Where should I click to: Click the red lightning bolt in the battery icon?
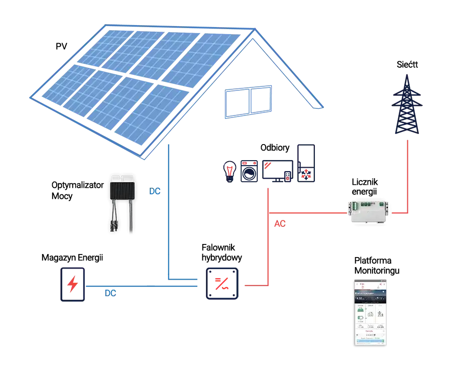pos(73,285)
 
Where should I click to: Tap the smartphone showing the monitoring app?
pos(371,311)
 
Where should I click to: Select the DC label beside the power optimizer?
pos(155,191)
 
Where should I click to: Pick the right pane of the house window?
pos(261,101)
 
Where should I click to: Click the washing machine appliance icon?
pos(249,171)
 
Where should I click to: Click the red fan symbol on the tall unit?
pos(306,174)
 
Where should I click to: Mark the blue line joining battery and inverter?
pos(146,286)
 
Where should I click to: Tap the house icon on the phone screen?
pos(371,315)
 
